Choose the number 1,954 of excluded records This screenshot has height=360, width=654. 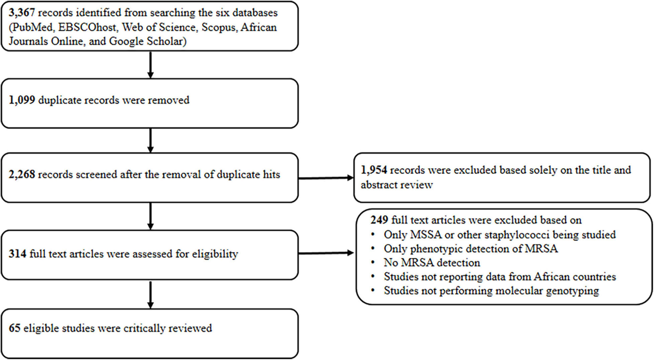(x=373, y=170)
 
